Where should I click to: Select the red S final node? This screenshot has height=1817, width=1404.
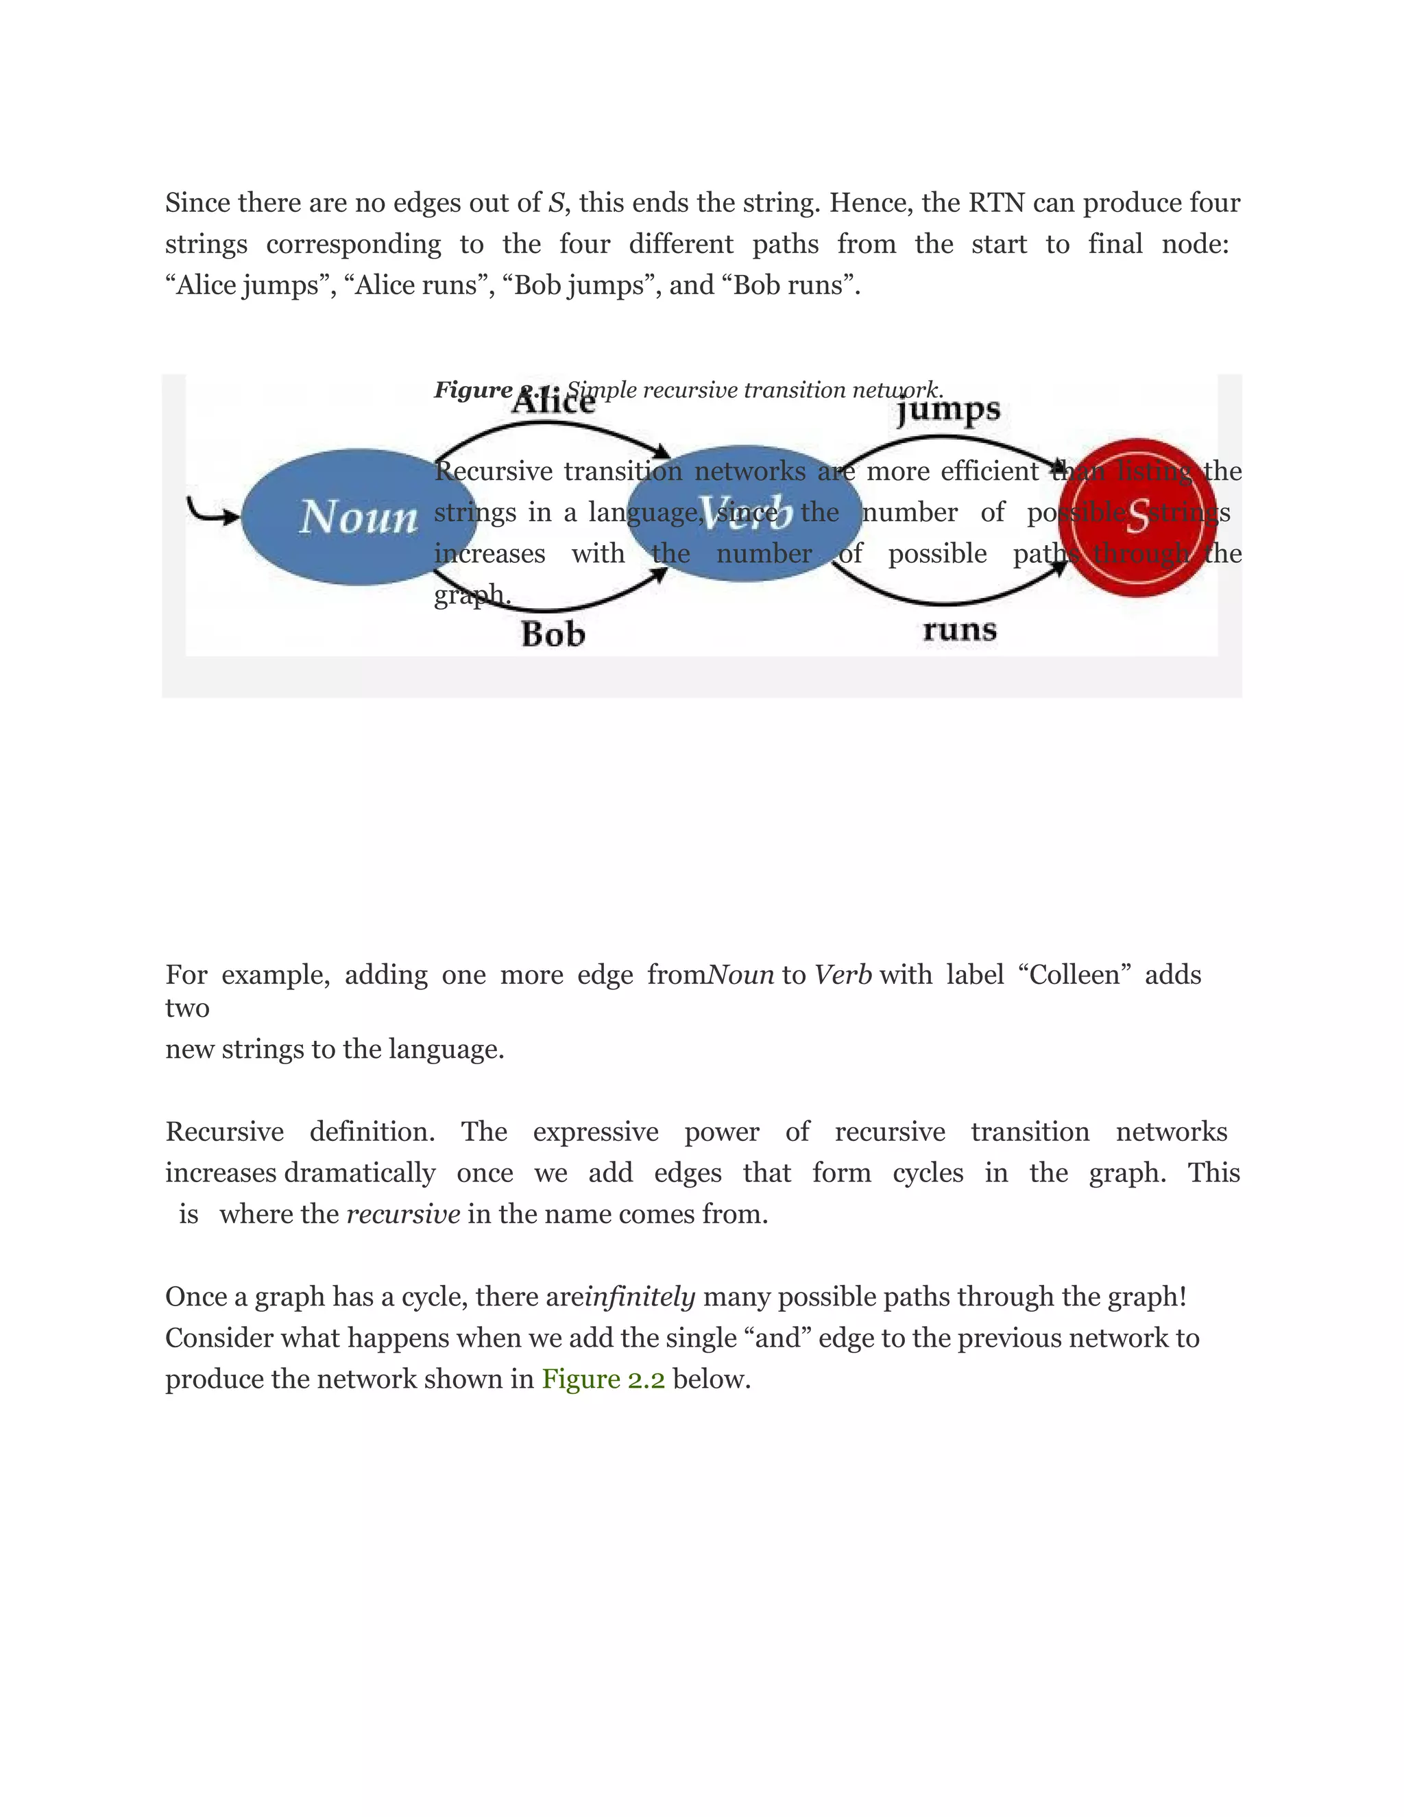coord(1137,518)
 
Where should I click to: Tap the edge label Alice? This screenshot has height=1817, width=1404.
coord(553,402)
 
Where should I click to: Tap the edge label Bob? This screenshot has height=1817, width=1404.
coord(553,635)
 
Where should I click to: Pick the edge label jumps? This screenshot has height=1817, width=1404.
coord(948,410)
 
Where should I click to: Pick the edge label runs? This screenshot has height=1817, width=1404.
coord(959,630)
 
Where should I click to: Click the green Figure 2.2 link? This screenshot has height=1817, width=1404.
coord(603,1380)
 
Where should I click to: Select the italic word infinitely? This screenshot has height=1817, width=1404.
coord(640,1297)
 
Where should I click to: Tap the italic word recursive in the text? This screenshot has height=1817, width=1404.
coord(402,1215)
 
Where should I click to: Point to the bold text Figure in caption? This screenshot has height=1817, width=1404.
coord(472,389)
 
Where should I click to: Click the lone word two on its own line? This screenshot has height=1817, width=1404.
coord(187,1009)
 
